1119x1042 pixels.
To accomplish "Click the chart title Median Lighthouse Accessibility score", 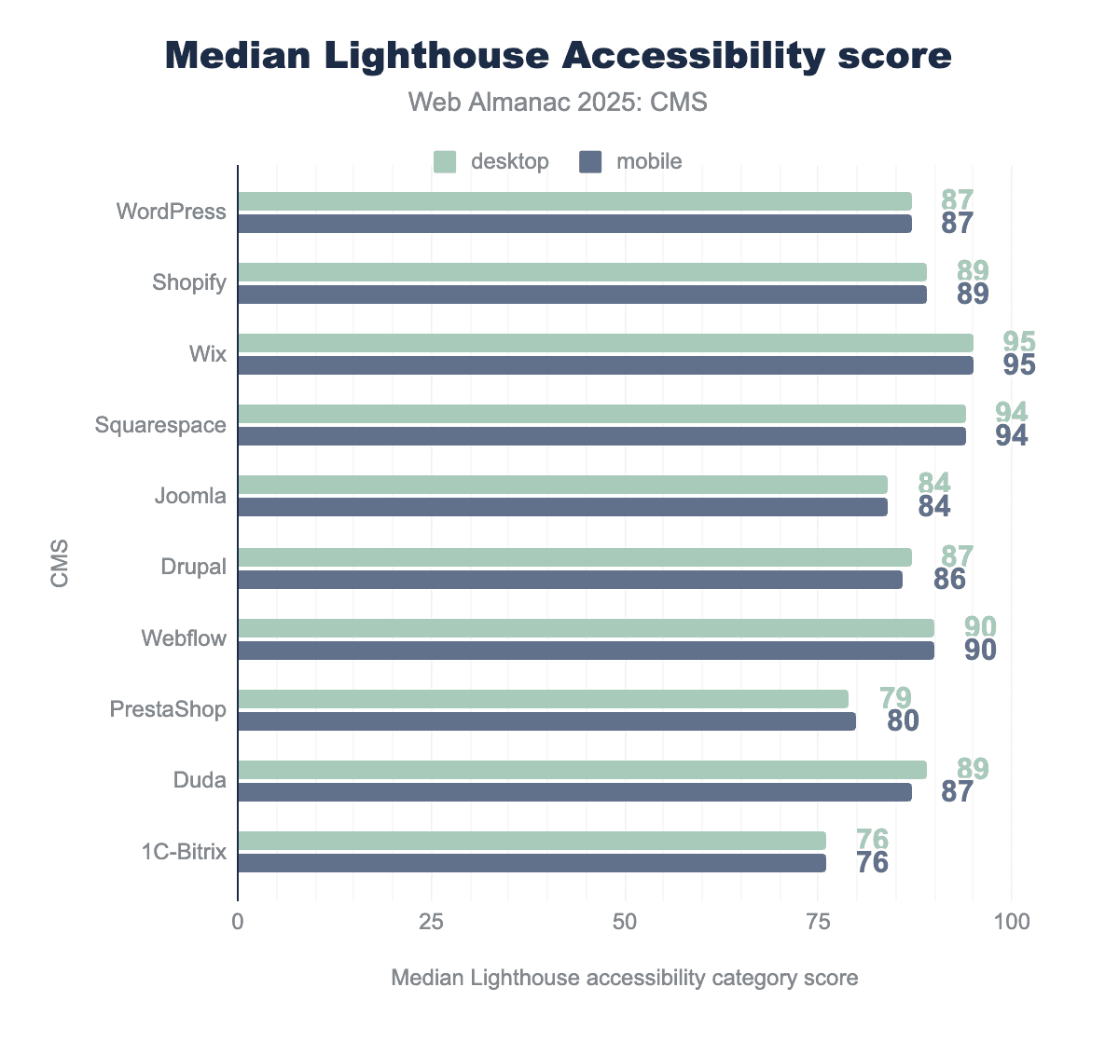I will (559, 56).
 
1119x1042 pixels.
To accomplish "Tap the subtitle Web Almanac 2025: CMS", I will (559, 102).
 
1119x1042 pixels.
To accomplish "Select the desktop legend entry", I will (492, 161).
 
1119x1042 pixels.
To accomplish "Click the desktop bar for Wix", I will (605, 343).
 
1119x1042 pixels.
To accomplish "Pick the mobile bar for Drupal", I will (570, 580).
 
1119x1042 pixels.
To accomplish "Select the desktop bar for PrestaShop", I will (543, 699).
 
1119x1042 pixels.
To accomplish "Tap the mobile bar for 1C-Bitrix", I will (532, 863).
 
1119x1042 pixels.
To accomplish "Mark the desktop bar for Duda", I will (582, 770).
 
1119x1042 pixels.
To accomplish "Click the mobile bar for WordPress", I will (574, 224).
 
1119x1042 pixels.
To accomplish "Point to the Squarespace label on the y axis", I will (160, 425).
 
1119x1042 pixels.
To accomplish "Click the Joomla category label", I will (190, 496).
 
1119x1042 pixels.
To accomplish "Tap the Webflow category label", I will (184, 638).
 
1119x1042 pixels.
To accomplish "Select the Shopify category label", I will (189, 282).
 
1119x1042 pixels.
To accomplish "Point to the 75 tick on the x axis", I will (818, 923).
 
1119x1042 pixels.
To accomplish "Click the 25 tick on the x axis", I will (431, 923).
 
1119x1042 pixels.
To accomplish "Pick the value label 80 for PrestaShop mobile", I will (903, 721).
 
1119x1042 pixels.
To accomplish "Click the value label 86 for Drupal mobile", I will (949, 580).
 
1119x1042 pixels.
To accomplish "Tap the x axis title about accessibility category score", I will (624, 978).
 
